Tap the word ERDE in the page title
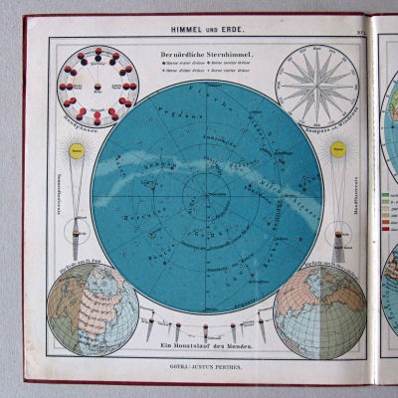click(x=219, y=33)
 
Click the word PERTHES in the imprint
click(x=230, y=365)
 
